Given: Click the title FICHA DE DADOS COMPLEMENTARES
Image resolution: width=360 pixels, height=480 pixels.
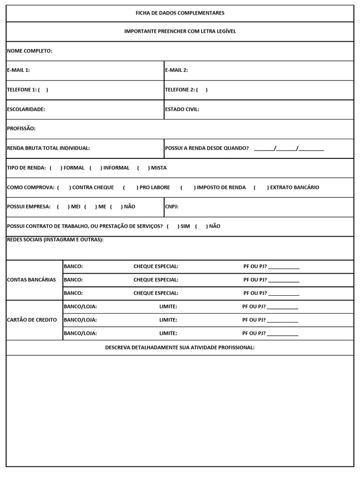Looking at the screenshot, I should pyautogui.click(x=180, y=13).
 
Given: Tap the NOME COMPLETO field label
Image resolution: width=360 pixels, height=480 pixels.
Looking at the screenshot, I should pyautogui.click(x=30, y=51).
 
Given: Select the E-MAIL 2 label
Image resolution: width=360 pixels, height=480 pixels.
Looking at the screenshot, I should pyautogui.click(x=176, y=70).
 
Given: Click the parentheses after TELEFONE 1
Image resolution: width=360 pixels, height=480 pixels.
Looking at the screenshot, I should pyautogui.click(x=43, y=90).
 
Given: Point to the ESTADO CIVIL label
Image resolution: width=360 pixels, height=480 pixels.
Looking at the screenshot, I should pyautogui.click(x=182, y=109).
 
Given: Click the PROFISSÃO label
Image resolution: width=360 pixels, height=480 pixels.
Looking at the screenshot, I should pyautogui.click(x=21, y=128).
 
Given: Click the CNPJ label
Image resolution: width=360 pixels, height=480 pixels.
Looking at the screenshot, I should pyautogui.click(x=172, y=207).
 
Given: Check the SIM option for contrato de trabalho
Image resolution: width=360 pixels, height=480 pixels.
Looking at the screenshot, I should pyautogui.click(x=172, y=226).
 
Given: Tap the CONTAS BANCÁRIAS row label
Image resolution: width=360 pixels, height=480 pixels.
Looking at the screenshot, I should pyautogui.click(x=31, y=280).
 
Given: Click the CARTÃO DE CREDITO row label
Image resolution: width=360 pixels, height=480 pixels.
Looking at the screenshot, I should pyautogui.click(x=32, y=320).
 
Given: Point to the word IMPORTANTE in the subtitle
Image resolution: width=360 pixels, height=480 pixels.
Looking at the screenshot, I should pyautogui.click(x=140, y=31).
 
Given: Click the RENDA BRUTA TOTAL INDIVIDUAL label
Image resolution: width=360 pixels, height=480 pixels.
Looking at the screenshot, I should pyautogui.click(x=48, y=148).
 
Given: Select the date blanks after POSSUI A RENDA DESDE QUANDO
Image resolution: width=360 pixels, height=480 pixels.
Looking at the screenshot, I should pyautogui.click(x=289, y=149).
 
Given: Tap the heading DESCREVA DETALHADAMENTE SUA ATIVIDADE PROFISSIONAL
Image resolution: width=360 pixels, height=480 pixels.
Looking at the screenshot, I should pyautogui.click(x=180, y=347).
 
